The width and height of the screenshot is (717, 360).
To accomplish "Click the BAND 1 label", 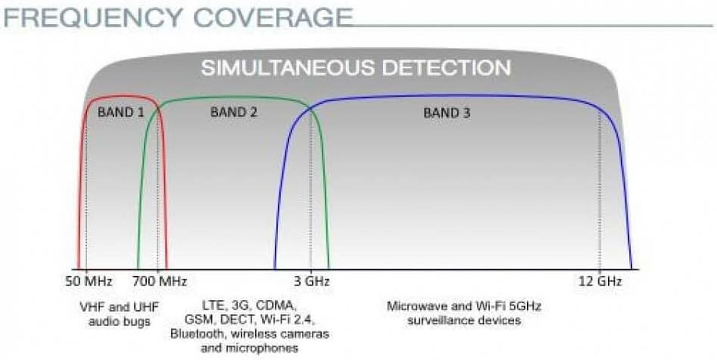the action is [121, 112].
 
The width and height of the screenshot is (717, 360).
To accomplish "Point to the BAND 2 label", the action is [233, 112].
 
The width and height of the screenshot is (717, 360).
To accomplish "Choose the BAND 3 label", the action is [447, 113].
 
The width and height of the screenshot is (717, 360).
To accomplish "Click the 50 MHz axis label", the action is [89, 281].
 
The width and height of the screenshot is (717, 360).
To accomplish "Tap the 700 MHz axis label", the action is [160, 281].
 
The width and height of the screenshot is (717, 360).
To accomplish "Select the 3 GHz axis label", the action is [312, 281].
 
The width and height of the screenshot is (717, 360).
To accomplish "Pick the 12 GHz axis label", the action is [600, 281].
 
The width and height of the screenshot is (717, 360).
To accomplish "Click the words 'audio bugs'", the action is [119, 321].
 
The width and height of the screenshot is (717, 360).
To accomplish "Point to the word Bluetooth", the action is [197, 334].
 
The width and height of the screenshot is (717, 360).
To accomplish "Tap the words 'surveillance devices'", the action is [464, 320].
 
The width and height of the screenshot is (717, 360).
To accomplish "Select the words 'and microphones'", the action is [250, 348].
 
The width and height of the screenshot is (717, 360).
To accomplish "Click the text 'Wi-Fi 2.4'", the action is [288, 319].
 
